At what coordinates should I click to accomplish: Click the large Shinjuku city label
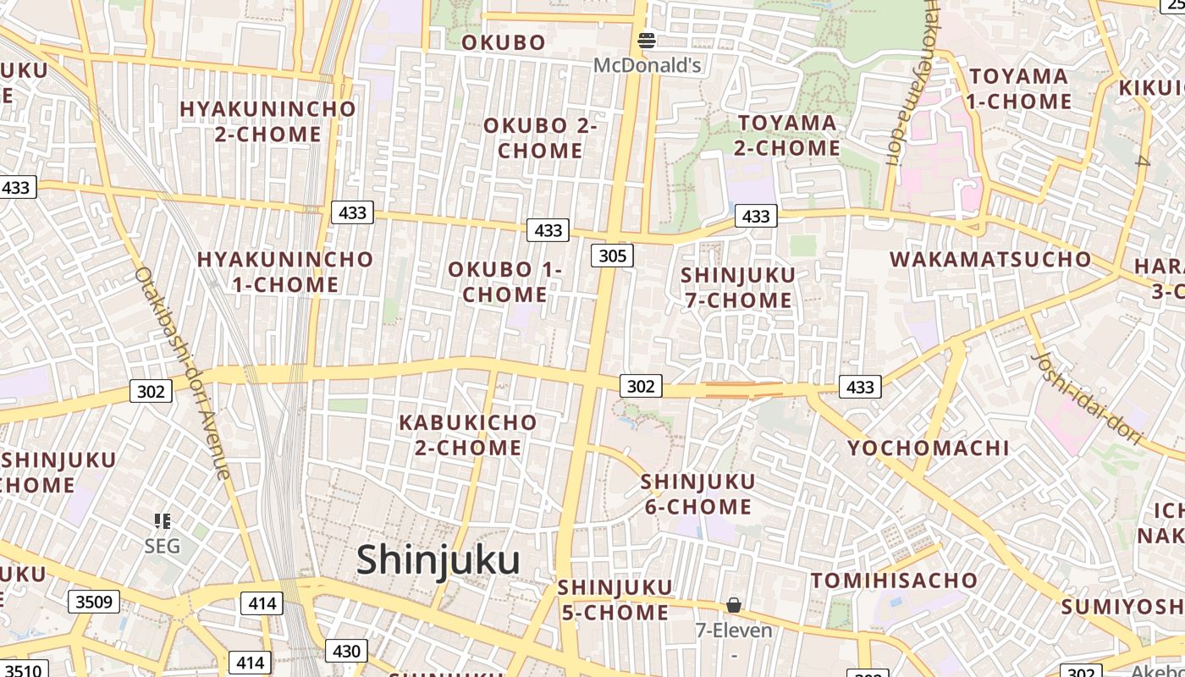438,560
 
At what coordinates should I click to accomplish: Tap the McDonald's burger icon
647,39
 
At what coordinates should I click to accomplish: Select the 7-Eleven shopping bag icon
734,605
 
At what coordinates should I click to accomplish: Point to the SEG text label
162,546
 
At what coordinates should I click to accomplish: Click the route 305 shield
612,256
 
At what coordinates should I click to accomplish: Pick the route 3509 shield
94,602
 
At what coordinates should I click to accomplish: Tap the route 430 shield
346,651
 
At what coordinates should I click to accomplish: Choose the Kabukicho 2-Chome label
468,434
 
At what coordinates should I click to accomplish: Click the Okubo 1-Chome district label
505,282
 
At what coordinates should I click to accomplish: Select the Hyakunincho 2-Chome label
267,121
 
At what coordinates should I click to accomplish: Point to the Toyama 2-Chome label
787,135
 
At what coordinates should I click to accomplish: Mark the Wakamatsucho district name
991,259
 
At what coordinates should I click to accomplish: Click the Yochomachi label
929,448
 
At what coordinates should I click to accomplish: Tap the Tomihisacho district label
895,581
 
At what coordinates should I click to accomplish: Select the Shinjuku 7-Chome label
737,288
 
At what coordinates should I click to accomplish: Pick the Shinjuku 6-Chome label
697,494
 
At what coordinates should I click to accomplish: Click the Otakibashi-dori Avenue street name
182,372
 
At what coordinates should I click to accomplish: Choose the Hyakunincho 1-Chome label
285,272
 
